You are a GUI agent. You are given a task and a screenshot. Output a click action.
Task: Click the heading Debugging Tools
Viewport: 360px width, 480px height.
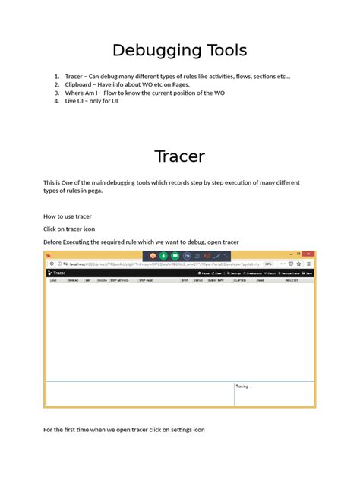tap(179, 51)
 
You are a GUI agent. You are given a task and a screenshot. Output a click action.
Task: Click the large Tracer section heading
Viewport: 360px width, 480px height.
tap(179, 156)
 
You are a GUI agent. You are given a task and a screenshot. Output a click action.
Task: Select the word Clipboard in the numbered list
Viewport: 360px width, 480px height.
tap(80, 84)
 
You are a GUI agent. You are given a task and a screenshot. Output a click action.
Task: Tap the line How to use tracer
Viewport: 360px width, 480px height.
tap(68, 216)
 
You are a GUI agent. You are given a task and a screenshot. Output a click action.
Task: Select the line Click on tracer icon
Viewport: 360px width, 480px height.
tap(69, 229)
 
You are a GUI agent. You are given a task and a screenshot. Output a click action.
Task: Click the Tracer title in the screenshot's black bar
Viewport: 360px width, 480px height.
tap(58, 272)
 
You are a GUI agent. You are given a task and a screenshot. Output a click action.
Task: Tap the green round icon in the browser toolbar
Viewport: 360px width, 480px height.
tap(163, 256)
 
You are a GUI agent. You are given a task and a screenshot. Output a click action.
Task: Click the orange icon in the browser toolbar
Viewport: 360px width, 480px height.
tap(152, 256)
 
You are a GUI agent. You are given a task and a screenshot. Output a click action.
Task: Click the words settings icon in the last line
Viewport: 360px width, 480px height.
tap(188, 430)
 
